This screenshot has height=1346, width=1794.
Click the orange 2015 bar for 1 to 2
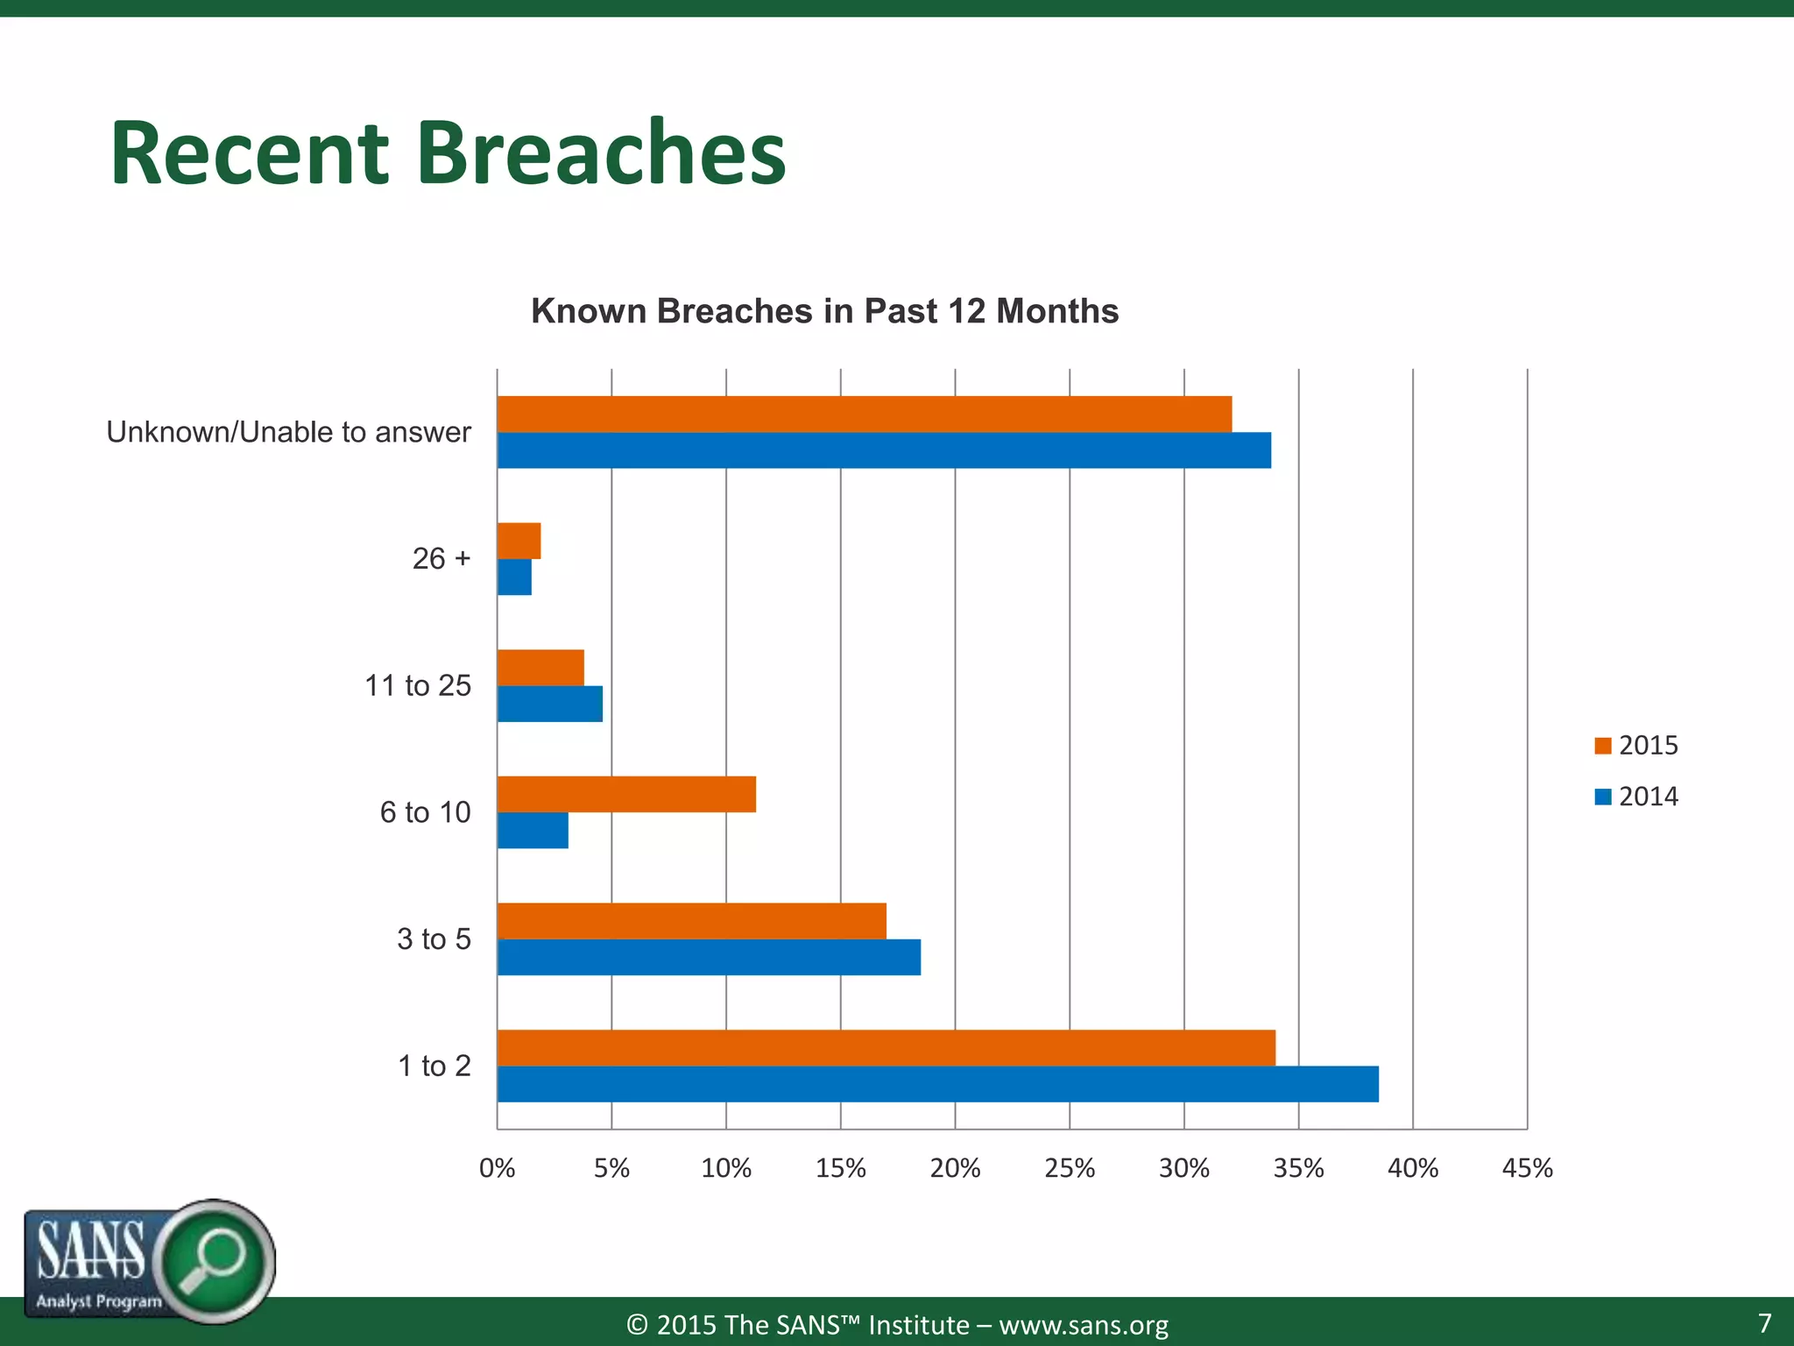pos(886,1048)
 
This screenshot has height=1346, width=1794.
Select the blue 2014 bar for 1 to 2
pos(937,1084)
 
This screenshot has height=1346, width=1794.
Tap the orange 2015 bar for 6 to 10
pos(626,795)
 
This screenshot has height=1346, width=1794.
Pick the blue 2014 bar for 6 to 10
pos(533,831)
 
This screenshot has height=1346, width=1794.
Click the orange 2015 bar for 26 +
pos(519,541)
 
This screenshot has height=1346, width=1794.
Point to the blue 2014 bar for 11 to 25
pos(549,704)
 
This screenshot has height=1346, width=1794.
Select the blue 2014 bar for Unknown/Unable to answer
pos(884,450)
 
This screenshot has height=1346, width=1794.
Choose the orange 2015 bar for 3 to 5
pos(691,921)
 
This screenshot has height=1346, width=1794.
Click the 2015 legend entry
pos(1636,746)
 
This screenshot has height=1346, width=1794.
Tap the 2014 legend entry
pos(1636,797)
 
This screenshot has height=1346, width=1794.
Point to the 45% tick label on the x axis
pos(1527,1168)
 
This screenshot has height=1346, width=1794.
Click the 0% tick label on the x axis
pos(497,1168)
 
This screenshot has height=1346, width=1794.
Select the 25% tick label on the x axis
pos(1070,1168)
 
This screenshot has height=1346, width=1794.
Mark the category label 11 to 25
pos(417,685)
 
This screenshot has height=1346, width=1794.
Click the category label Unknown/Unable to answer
pos(288,432)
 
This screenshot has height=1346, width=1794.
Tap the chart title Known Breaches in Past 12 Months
pos(824,311)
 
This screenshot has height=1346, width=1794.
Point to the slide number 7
pos(1764,1322)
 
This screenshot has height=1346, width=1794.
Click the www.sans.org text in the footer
pos(1084,1325)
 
